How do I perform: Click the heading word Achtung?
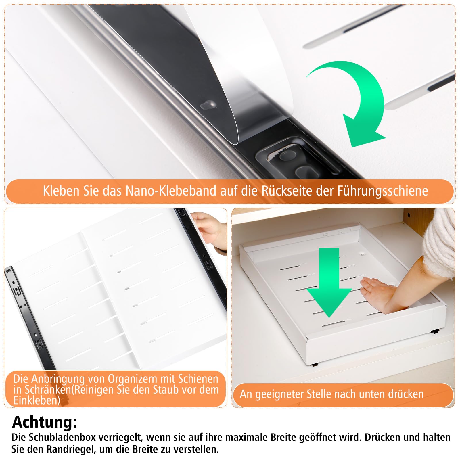(x=45, y=422)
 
